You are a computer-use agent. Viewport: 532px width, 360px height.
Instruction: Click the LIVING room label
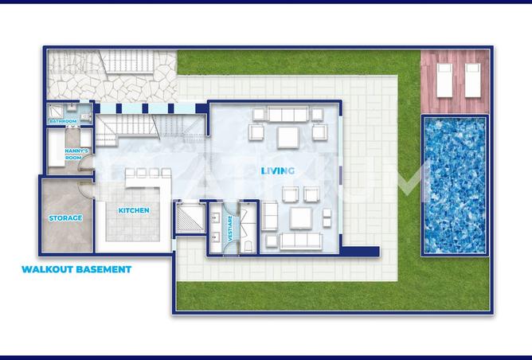(278, 170)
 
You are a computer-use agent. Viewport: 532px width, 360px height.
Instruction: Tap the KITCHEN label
(134, 210)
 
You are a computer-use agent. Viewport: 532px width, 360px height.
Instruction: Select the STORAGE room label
(66, 217)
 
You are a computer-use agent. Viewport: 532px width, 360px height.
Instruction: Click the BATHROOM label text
(63, 121)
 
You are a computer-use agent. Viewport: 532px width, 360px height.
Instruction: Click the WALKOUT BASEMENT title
(76, 269)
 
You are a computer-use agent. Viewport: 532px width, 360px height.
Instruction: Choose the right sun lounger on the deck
(471, 77)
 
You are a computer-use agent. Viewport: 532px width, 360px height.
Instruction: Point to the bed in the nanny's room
(60, 151)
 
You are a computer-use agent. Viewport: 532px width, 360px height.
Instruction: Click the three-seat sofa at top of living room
(286, 113)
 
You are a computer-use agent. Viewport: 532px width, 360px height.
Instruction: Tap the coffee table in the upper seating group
(286, 135)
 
